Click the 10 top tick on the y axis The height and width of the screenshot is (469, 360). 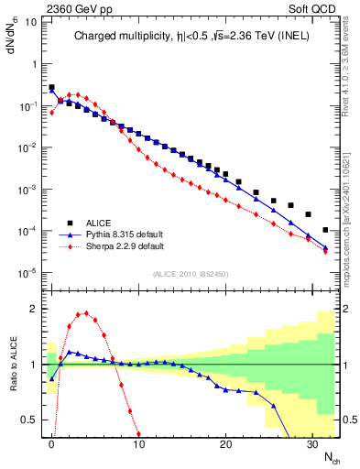[33, 22]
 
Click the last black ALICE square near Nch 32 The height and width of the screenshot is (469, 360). [327, 230]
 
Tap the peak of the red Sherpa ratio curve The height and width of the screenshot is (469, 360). [86, 313]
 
